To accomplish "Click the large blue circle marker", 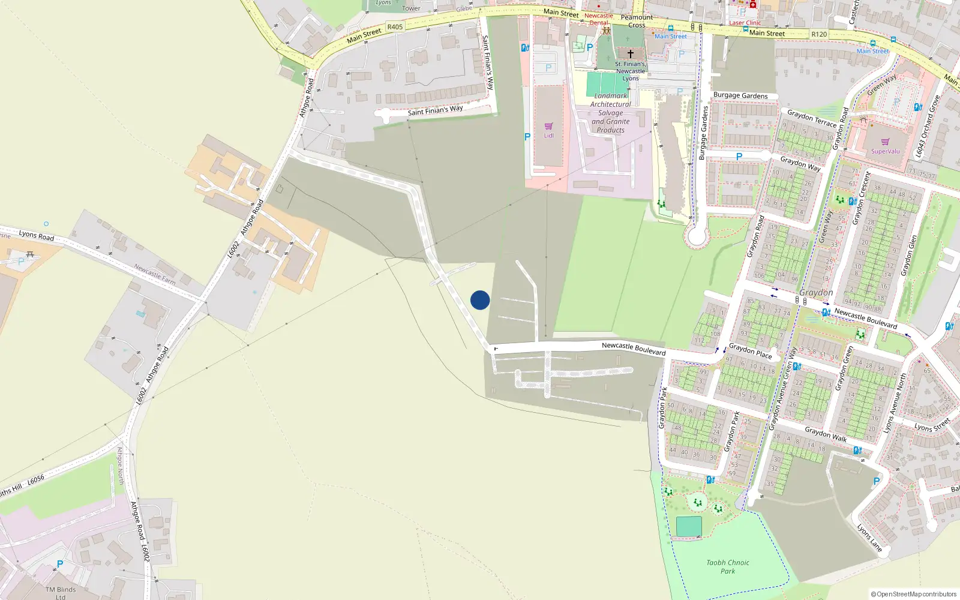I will [x=480, y=300].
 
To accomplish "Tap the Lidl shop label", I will [x=548, y=136].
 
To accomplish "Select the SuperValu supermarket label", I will [x=885, y=151].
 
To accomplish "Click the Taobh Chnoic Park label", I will [x=728, y=567].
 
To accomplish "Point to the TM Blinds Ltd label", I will [x=61, y=593].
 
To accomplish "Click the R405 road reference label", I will [x=395, y=27].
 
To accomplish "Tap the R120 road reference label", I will [x=819, y=34].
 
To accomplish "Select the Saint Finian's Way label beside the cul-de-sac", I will [x=435, y=110].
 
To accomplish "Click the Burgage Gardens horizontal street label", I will [x=740, y=95].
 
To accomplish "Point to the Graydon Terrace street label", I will [x=811, y=118].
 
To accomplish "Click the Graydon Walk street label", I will [x=826, y=434].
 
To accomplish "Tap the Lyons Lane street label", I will [x=869, y=538].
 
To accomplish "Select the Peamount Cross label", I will [x=637, y=21].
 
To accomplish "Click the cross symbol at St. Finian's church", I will [x=631, y=54].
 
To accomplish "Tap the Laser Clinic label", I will [x=745, y=23].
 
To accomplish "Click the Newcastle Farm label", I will [x=155, y=274].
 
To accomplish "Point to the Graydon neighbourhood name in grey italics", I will [x=816, y=292].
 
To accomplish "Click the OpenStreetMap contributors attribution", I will [x=914, y=594].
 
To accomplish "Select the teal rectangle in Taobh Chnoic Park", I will [x=689, y=526].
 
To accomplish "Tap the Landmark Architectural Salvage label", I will [x=611, y=113].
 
